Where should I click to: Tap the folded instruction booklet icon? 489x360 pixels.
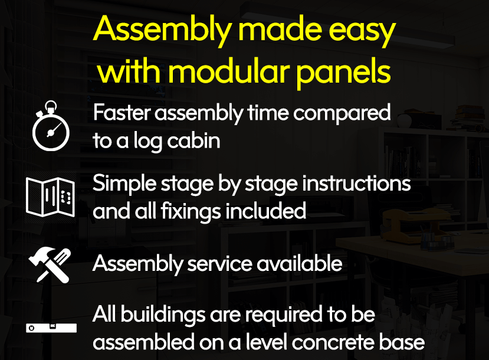(51, 197)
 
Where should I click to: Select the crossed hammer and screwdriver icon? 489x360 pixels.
(50, 266)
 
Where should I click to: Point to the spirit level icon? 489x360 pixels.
(51, 328)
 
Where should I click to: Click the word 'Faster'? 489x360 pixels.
(122, 112)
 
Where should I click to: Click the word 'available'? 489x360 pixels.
(300, 263)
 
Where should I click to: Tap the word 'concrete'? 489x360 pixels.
(333, 342)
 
